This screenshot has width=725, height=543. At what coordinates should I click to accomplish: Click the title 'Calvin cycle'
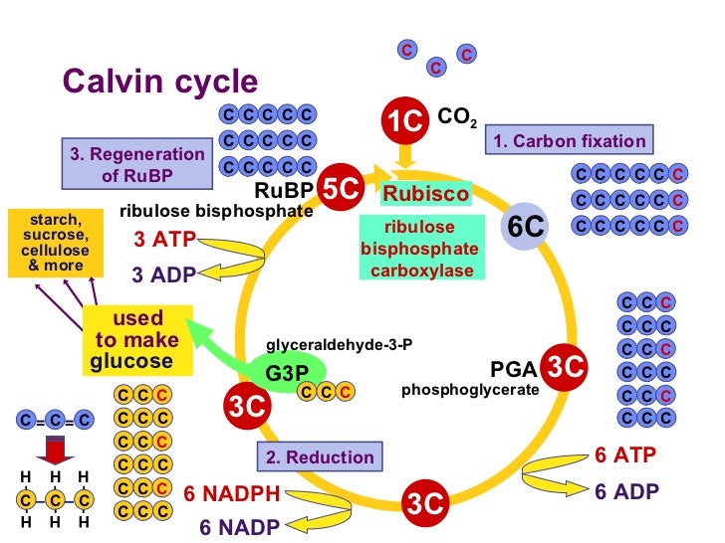160,82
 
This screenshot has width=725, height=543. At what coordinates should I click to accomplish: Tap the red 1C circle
405,121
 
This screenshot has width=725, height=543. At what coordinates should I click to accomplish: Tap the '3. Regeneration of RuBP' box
137,166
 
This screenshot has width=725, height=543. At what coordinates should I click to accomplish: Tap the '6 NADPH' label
232,492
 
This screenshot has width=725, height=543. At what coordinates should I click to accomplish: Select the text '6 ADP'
626,491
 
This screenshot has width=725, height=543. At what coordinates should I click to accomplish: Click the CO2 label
457,119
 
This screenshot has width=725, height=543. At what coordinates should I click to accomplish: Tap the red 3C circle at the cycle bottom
426,504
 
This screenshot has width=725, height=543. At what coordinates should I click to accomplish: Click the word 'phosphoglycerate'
470,390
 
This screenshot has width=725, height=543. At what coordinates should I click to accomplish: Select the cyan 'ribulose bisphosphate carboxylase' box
418,249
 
